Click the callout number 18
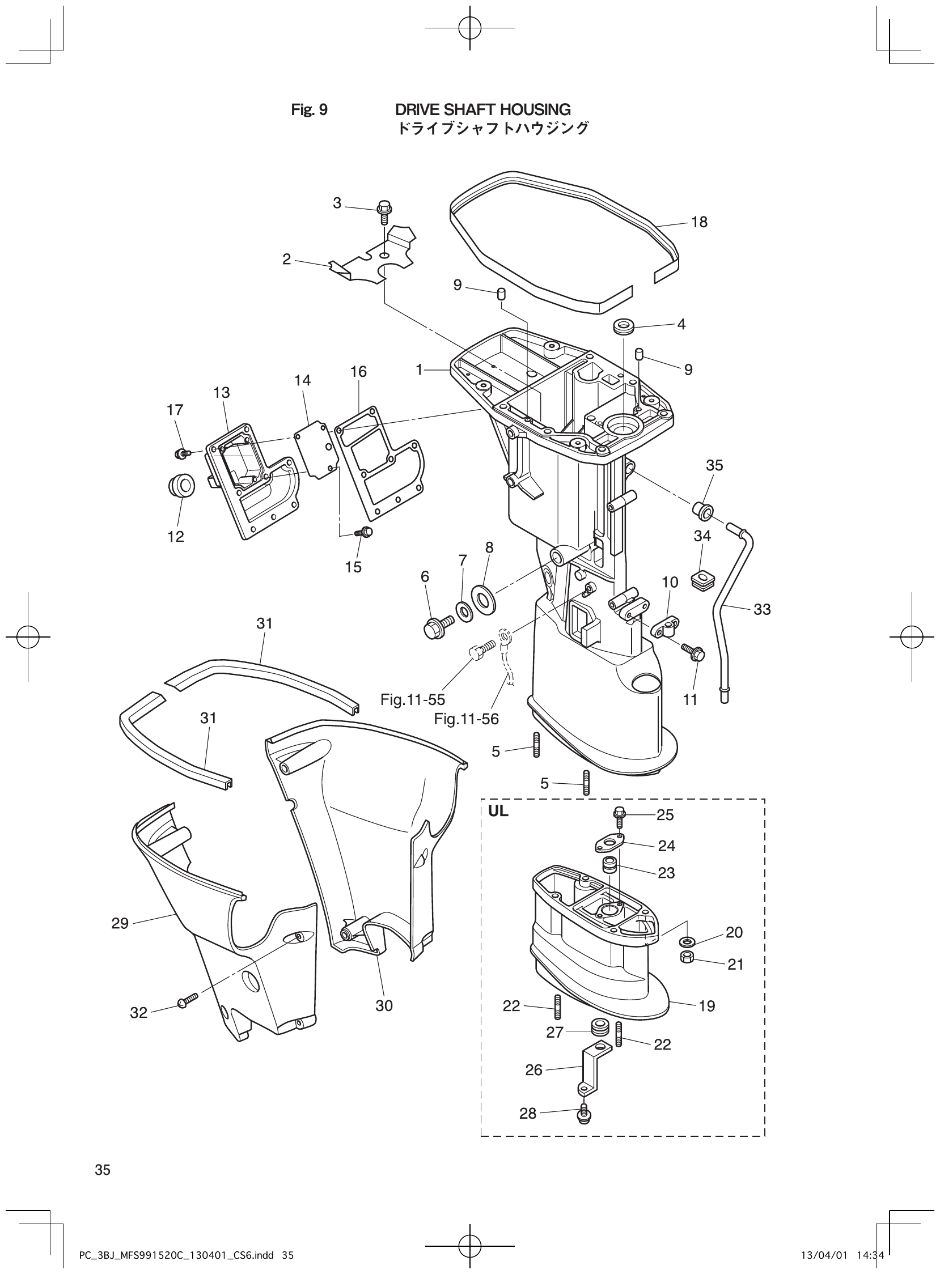(698, 222)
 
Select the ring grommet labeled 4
(624, 328)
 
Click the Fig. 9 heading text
(309, 110)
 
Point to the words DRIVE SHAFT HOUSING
(482, 110)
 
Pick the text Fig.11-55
(413, 699)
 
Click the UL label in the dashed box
(498, 812)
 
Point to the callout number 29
(120, 923)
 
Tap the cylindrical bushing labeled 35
(702, 510)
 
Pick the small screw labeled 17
(181, 453)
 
